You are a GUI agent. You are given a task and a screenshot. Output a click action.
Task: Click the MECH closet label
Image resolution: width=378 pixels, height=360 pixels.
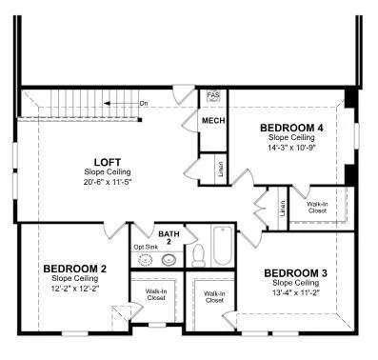(212, 121)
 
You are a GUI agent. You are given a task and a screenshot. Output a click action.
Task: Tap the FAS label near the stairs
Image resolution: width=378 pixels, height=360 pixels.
(213, 96)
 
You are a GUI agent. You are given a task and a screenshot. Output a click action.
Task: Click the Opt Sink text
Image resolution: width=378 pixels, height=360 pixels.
(146, 246)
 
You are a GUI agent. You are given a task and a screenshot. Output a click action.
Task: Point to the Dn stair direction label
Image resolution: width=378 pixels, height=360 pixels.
(143, 103)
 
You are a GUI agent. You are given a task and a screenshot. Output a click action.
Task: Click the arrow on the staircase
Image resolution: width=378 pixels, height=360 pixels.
(119, 102)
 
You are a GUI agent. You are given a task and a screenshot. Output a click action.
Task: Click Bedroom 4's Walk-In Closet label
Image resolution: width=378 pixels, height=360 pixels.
(318, 208)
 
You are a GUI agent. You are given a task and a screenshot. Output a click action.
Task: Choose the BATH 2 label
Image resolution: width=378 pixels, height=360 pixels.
(169, 237)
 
